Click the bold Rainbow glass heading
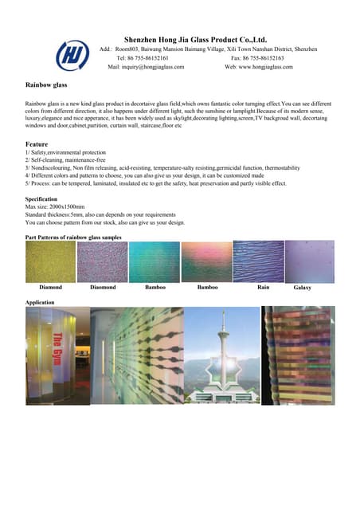[x=46, y=83]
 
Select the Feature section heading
[x=37, y=143]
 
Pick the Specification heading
[x=41, y=198]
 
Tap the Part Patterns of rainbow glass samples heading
[x=74, y=237]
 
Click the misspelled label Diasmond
[x=103, y=286]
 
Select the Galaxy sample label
[x=303, y=287]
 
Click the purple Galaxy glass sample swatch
[x=310, y=261]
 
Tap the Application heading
[x=41, y=303]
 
